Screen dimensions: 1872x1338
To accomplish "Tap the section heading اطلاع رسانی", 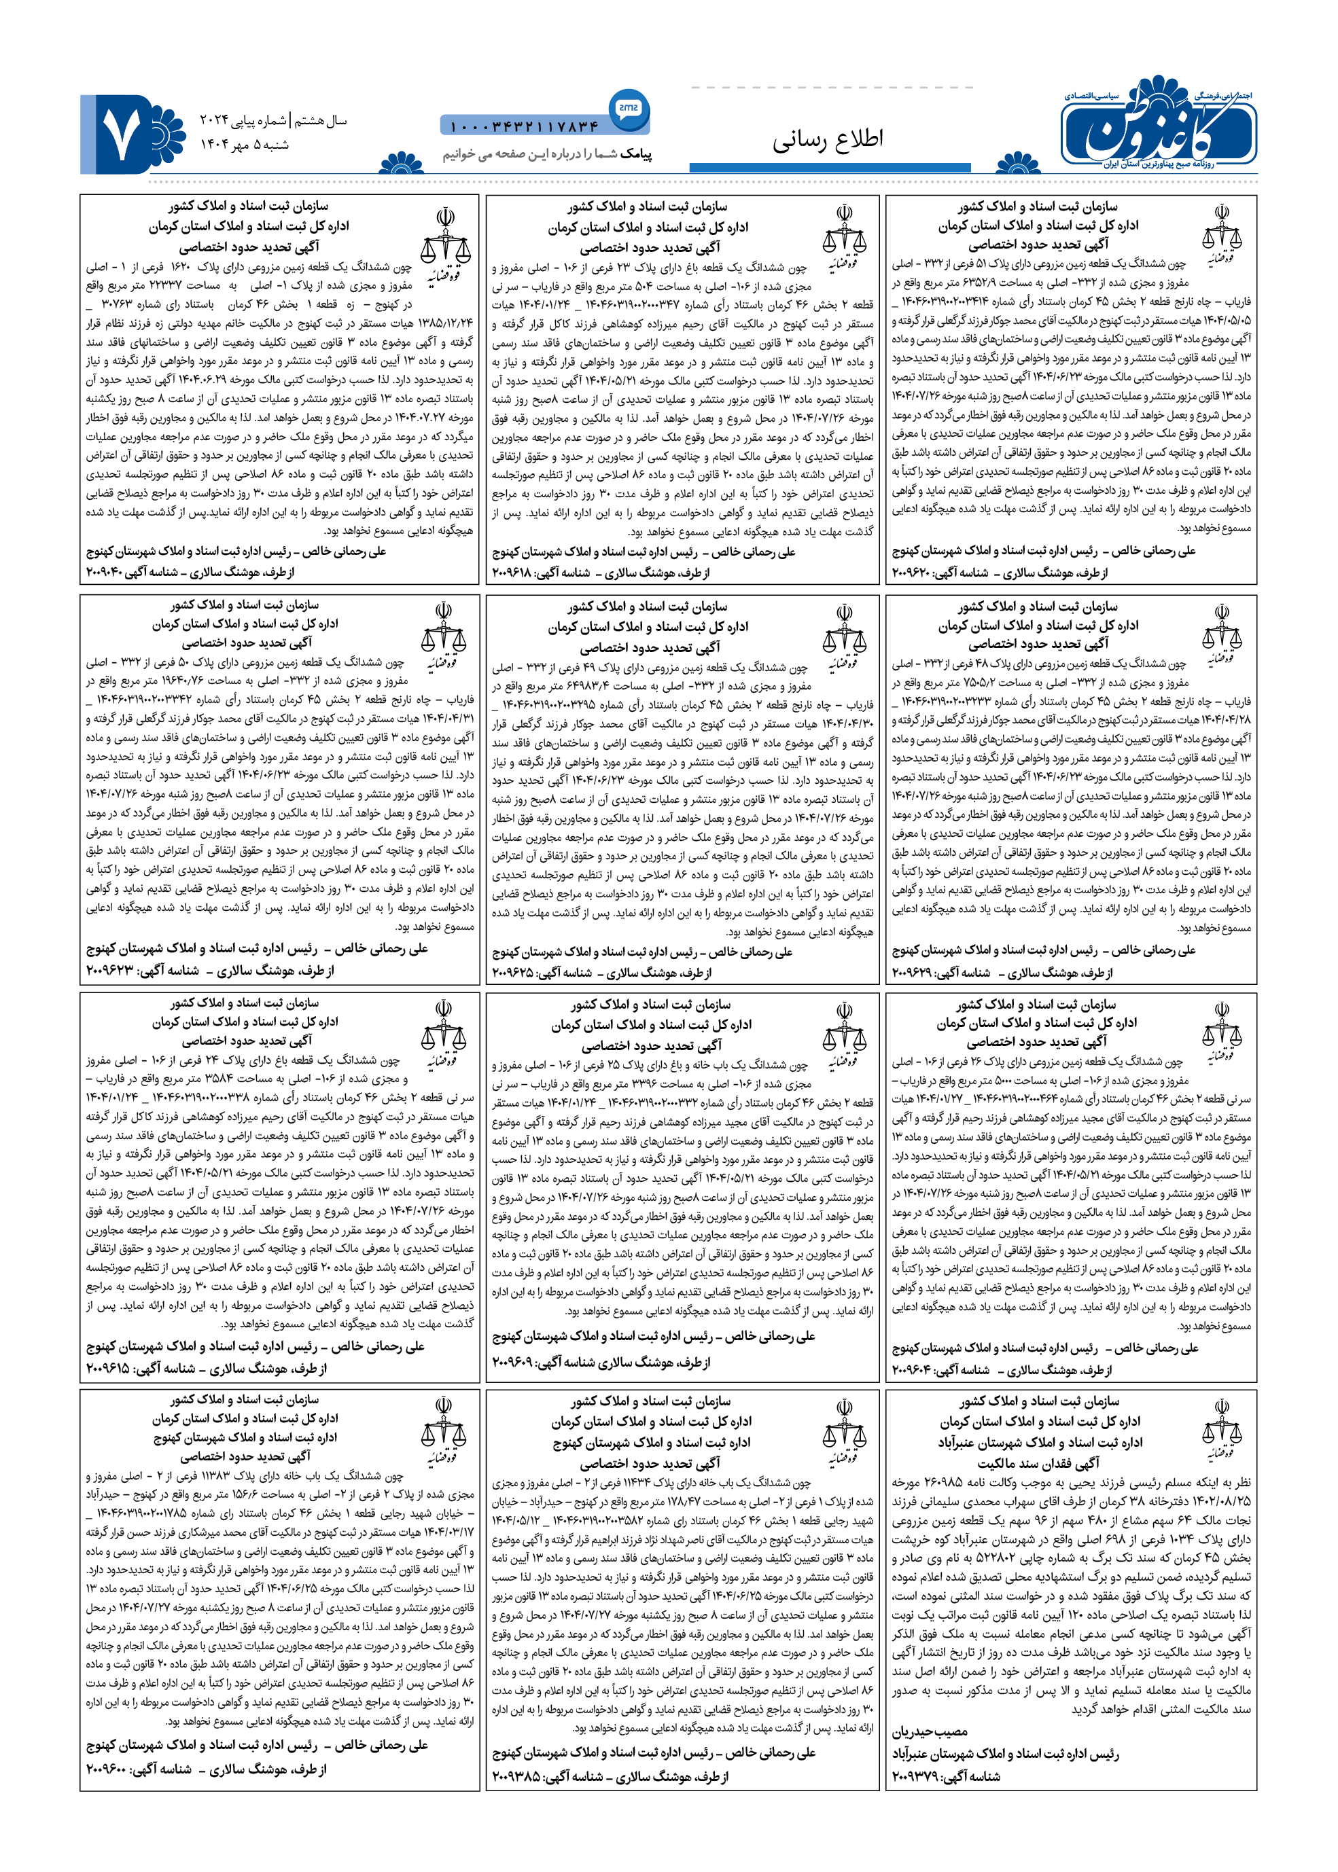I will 827,139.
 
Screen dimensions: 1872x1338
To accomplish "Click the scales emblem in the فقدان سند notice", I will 1221,1431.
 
